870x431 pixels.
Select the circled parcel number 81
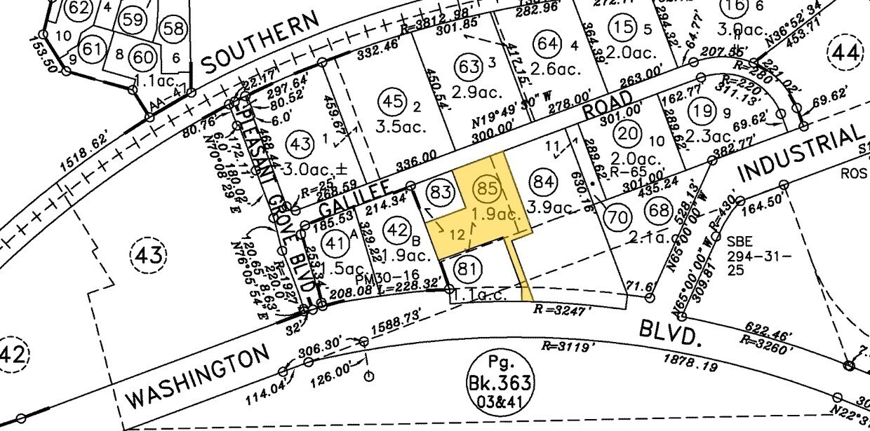465,268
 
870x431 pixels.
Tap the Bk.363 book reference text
501,384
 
